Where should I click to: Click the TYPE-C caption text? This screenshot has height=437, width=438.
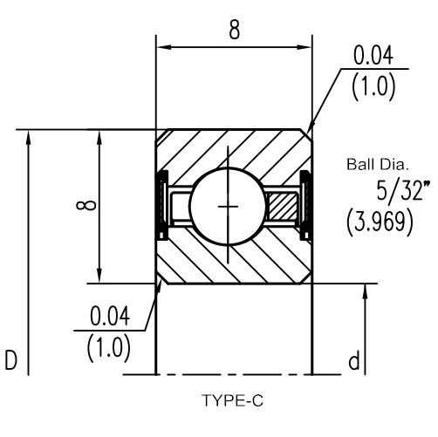(232, 400)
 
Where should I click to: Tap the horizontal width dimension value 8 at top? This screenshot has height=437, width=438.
(235, 30)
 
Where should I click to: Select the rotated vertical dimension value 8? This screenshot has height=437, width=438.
(86, 205)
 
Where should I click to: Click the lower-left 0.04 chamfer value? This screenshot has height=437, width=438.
(110, 317)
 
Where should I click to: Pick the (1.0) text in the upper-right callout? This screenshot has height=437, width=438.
(373, 86)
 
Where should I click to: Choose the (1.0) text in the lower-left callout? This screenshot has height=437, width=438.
(109, 348)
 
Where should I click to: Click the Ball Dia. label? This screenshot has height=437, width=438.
(378, 164)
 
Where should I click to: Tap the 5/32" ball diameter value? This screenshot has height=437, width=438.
(403, 190)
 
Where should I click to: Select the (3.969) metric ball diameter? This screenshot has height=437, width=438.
(380, 222)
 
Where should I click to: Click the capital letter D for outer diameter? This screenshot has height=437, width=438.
(11, 360)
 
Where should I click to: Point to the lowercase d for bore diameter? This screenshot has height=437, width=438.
(354, 360)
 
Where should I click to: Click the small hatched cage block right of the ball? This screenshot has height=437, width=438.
(283, 207)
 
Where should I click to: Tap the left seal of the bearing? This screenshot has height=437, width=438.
(161, 206)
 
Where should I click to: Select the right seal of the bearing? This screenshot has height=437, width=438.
(305, 206)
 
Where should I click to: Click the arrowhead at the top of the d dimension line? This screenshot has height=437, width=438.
(366, 291)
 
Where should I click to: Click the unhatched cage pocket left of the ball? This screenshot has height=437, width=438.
(181, 207)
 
